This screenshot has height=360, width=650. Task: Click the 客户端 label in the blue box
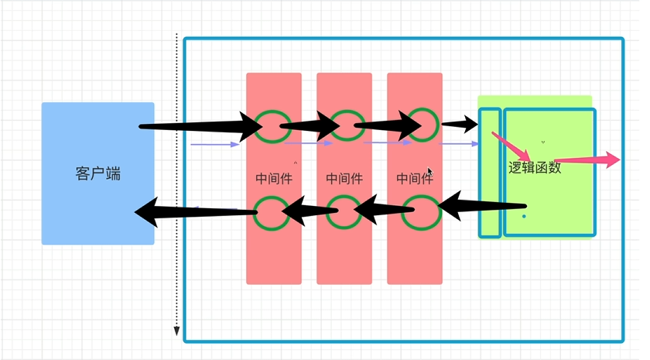pos(98,174)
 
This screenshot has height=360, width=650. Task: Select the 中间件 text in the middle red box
pos(344,179)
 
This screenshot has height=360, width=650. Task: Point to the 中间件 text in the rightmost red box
pos(415,179)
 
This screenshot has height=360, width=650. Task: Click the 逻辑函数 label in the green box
pos(535,167)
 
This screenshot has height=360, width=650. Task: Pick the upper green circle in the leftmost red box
pos(272,126)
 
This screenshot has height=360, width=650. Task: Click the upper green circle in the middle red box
pos(344,125)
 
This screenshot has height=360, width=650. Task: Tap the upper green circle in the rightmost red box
pos(422,123)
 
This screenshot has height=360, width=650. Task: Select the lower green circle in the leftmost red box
pos(272,213)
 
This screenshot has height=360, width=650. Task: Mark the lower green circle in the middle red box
pos(343,211)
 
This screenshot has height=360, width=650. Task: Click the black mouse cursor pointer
pos(430,173)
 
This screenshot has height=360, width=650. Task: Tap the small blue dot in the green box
pos(524,216)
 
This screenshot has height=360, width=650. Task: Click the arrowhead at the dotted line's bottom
pos(176,332)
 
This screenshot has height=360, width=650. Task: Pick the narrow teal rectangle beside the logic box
pos(489,172)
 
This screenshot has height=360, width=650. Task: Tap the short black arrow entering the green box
pos(460,123)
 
